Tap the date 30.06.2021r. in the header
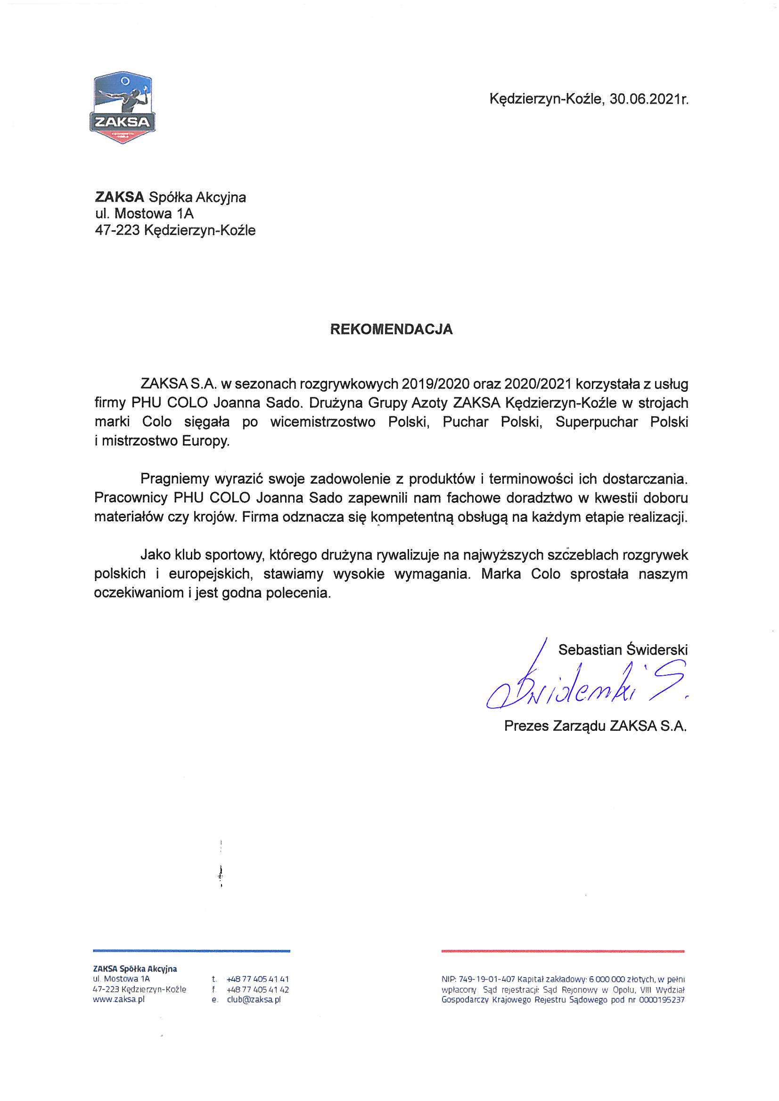tap(649, 99)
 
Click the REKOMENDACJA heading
tap(391, 330)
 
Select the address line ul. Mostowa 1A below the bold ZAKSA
tap(144, 213)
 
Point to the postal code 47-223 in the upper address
tap(117, 231)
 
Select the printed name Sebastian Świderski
tap(623, 650)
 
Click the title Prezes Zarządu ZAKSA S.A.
tap(595, 726)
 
